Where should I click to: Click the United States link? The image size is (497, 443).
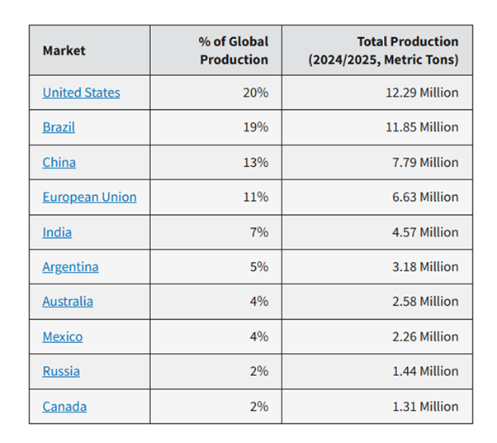[81, 93]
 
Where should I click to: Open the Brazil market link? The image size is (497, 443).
[59, 127]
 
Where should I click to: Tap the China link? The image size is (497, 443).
[59, 162]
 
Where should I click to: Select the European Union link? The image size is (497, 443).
[89, 197]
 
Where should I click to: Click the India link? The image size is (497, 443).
[57, 232]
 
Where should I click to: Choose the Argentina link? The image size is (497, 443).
[70, 267]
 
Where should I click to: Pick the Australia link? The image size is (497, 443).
[68, 302]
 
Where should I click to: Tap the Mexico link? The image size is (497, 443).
[62, 336]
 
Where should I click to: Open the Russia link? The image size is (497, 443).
[61, 371]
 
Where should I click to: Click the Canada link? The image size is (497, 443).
[64, 406]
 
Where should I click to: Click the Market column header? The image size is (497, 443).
[64, 50]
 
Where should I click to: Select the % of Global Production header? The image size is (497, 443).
[233, 50]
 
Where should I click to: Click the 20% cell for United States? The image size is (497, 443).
[255, 93]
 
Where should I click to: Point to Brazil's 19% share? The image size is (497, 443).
[255, 127]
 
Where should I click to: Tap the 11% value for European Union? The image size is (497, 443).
[255, 197]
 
